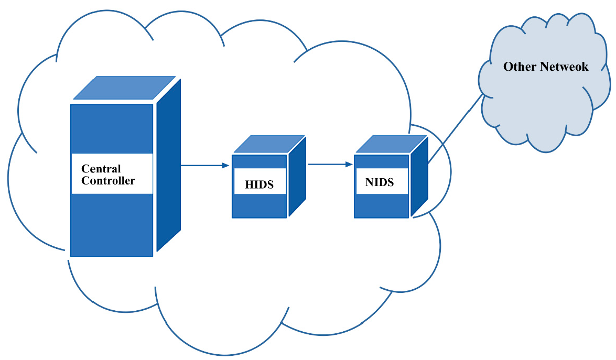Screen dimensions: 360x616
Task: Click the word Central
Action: click(x=101, y=169)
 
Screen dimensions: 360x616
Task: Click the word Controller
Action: click(x=108, y=181)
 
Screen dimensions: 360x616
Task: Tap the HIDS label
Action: click(x=259, y=184)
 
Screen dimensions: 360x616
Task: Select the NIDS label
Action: click(x=379, y=183)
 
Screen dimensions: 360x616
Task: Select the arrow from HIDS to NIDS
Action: click(x=328, y=164)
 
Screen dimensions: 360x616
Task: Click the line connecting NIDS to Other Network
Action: click(x=455, y=128)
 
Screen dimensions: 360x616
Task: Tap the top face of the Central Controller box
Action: click(x=124, y=88)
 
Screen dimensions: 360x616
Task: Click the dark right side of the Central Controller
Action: click(x=168, y=168)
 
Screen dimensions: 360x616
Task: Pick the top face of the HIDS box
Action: click(x=268, y=144)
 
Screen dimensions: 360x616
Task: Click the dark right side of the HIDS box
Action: click(x=297, y=178)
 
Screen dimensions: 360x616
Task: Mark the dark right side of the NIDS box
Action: click(x=419, y=178)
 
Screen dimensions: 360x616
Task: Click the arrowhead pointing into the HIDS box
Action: click(x=226, y=165)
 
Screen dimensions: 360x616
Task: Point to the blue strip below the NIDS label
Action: click(x=381, y=205)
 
